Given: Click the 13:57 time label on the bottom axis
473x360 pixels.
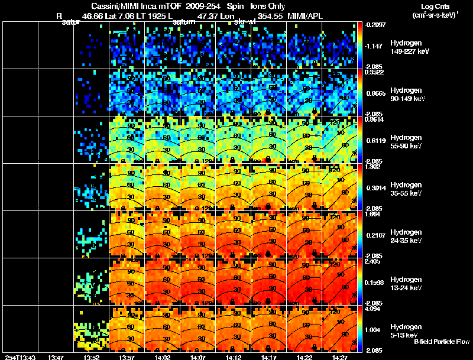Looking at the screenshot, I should click(128, 356).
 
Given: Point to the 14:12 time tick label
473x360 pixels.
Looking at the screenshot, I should click(234, 356).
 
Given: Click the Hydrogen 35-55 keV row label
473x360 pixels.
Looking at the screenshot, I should click(406, 189).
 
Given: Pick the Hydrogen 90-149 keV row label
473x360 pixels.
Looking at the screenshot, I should click(407, 94).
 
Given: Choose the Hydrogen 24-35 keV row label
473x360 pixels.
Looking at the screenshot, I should click(406, 236).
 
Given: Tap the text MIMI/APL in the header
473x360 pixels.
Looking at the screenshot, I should click(306, 17).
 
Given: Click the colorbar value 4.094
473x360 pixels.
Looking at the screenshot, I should click(374, 309).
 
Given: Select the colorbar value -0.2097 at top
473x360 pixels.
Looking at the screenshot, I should click(375, 25).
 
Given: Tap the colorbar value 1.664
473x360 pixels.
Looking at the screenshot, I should click(374, 215).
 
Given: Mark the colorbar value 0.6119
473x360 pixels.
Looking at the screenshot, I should click(375, 141).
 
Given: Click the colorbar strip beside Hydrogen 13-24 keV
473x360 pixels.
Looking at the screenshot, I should click(361, 281).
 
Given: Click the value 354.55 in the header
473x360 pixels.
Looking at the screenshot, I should click(271, 17).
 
